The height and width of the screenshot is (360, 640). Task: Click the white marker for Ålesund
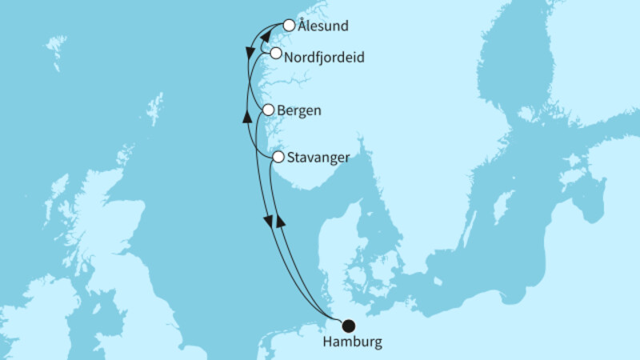pos(289,26)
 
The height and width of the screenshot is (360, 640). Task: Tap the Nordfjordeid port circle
pos(276,54)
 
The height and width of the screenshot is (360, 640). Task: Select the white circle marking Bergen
pos(269,110)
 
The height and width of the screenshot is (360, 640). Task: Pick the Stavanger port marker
pos(278,158)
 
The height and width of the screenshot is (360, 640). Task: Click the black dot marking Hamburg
pos(348,326)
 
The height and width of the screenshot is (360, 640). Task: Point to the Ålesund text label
pos(322,26)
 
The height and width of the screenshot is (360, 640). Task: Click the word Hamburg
pos(352,342)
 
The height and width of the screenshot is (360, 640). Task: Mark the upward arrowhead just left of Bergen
pos(247,118)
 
